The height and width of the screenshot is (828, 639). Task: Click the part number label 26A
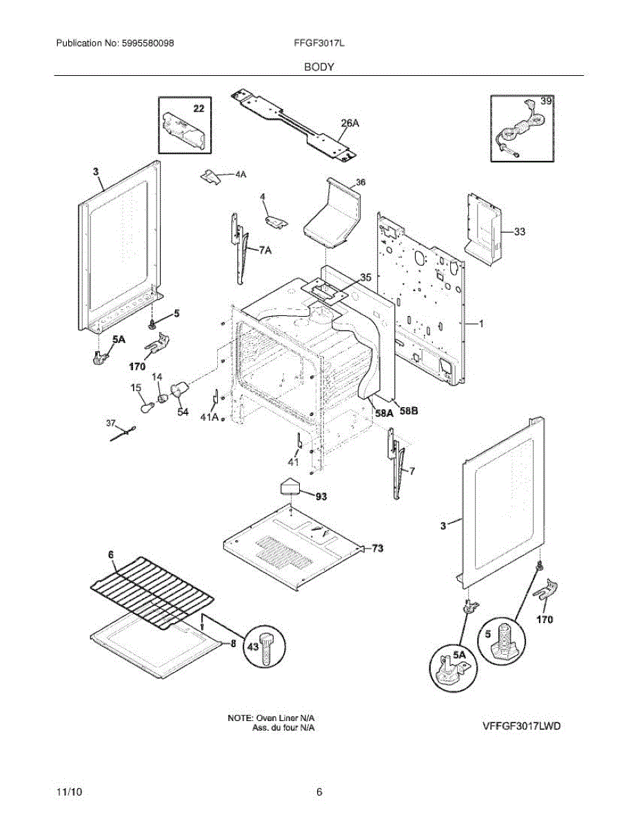point(349,123)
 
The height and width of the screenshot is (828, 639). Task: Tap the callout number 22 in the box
point(199,108)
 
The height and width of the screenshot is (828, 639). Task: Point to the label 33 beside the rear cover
point(520,231)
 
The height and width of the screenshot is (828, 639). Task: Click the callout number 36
point(361,183)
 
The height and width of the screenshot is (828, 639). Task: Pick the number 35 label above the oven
point(365,277)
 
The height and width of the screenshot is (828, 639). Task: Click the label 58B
point(409,411)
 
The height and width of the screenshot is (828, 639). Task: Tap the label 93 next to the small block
point(322,497)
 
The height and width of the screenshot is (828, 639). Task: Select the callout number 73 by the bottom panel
point(378,549)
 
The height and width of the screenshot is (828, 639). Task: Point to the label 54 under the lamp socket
point(183,411)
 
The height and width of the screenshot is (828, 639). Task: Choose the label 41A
point(210,417)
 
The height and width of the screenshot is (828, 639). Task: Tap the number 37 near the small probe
point(111,423)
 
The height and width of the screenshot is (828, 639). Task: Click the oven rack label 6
point(111,555)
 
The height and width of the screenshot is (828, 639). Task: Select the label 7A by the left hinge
point(265,250)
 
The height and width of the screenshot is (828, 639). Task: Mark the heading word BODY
point(319,67)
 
